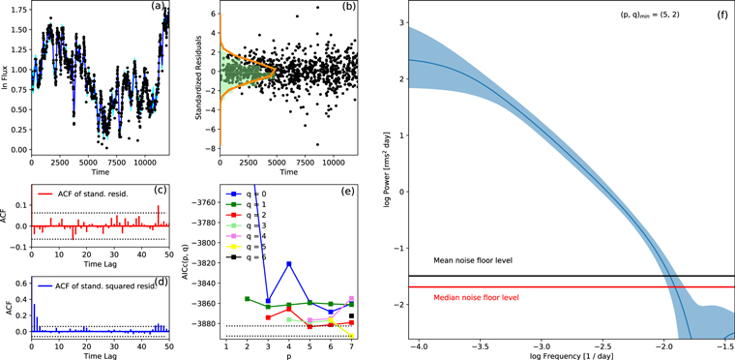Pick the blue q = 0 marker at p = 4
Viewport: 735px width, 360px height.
tap(288, 263)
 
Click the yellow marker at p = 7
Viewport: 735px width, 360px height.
tap(352, 336)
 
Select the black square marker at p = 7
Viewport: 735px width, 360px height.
tap(352, 315)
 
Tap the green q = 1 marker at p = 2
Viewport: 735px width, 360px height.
tap(248, 299)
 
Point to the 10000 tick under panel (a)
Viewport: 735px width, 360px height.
tap(145, 161)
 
